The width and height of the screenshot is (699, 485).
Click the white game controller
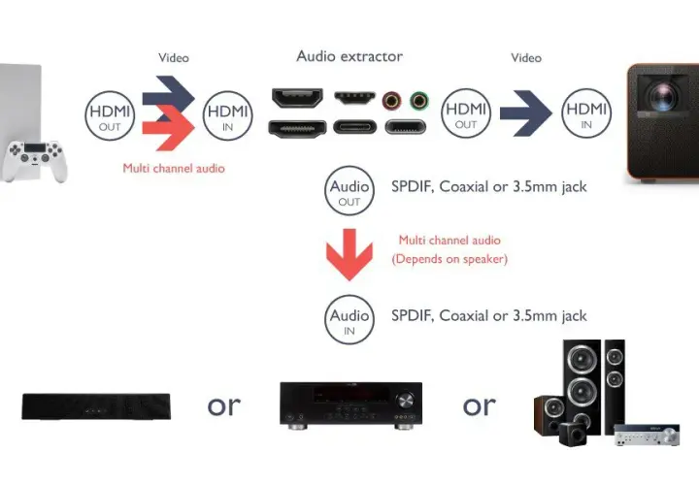coord(34,161)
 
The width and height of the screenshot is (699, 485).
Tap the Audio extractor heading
coord(349,56)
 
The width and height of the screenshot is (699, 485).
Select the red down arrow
coord(349,255)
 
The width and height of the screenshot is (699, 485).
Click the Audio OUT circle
coord(349,191)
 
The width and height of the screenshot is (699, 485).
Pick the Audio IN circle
coord(349,320)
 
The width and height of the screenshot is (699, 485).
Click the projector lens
coord(663,95)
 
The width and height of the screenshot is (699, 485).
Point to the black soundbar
coord(96,406)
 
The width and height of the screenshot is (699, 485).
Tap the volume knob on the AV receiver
coord(405,400)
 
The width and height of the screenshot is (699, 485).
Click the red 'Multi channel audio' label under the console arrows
coord(174,169)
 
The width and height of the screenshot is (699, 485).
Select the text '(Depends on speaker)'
coord(449,259)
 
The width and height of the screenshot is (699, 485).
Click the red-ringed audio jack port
coord(391,101)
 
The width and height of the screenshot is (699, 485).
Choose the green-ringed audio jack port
coord(419,101)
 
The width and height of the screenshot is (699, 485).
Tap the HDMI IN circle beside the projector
coord(586,113)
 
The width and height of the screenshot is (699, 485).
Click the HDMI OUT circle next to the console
coord(110,115)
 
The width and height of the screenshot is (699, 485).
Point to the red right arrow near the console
coord(169,128)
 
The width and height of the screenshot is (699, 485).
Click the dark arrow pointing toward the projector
coord(526,113)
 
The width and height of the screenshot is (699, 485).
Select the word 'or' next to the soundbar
coord(224,405)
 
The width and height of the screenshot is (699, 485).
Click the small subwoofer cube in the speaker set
coord(573,435)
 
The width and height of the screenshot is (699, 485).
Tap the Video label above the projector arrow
coord(526,58)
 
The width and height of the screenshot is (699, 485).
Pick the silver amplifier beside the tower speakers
coord(647,435)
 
